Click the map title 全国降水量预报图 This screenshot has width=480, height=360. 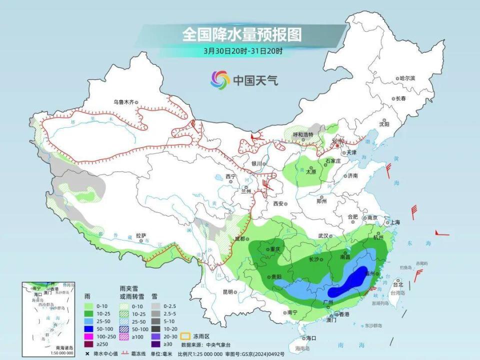tap(242, 34)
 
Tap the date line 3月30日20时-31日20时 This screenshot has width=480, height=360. tap(243, 50)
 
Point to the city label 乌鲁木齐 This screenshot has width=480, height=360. tap(123, 102)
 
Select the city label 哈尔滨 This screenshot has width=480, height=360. tap(407, 78)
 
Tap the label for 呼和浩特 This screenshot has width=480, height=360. tap(302, 134)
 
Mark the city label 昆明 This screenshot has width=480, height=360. tap(228, 291)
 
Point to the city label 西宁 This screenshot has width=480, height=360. tap(230, 176)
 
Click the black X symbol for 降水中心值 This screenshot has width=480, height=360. tap(87, 353)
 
